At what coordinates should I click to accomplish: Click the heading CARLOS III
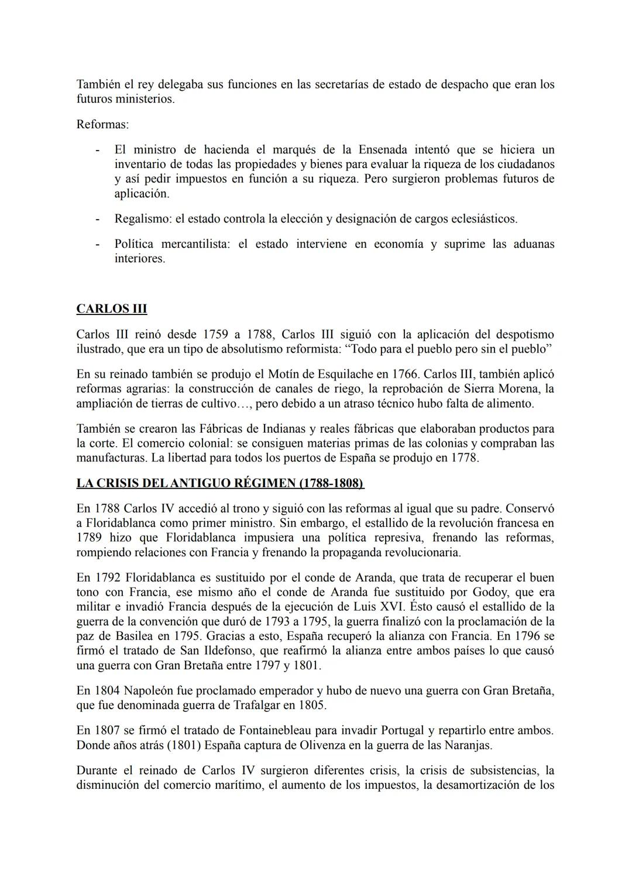111,309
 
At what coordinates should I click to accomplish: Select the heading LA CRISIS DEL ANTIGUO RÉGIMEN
219,484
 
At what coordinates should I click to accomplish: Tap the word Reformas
102,125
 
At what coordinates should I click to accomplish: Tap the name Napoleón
153,690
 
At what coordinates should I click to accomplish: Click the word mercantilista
195,244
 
